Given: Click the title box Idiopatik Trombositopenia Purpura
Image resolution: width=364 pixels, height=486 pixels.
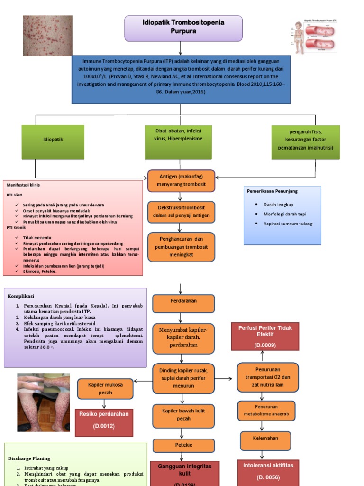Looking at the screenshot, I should (x=183, y=28).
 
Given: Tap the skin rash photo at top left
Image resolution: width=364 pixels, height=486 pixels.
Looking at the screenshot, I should (x=48, y=36).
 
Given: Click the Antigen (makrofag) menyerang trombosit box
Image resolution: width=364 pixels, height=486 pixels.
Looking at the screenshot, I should (x=181, y=181).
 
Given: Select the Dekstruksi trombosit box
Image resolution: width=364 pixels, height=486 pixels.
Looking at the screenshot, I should (x=181, y=212).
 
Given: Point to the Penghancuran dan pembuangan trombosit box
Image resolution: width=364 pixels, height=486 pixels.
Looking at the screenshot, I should (x=181, y=247).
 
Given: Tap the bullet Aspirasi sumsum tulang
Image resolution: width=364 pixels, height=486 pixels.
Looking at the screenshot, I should (x=288, y=224).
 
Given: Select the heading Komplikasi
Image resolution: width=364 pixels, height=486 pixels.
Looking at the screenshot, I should (x=21, y=296).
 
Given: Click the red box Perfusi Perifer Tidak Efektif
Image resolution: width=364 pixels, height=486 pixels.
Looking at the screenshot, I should (x=265, y=336).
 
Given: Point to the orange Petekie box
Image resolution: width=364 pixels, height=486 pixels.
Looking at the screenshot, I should (x=183, y=446).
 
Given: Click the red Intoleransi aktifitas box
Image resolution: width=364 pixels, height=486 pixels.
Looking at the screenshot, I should (x=268, y=471).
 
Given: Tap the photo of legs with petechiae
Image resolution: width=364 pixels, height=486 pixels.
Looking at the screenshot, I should (x=43, y=402).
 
